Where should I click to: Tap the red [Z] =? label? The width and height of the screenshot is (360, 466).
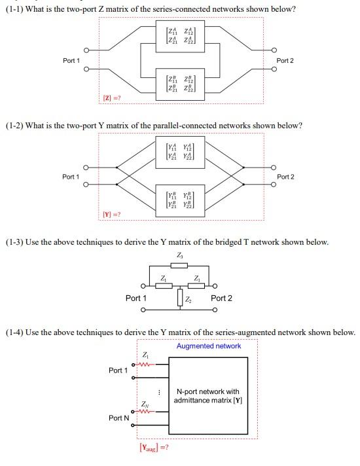click(111, 98)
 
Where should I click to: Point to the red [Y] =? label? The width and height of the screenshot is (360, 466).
click(111, 215)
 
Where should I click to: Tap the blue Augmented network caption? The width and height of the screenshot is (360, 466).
click(209, 346)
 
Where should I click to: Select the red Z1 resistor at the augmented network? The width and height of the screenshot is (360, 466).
click(145, 365)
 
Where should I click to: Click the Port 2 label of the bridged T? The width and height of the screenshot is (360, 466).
click(221, 298)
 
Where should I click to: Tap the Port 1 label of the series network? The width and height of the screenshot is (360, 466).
click(71, 60)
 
